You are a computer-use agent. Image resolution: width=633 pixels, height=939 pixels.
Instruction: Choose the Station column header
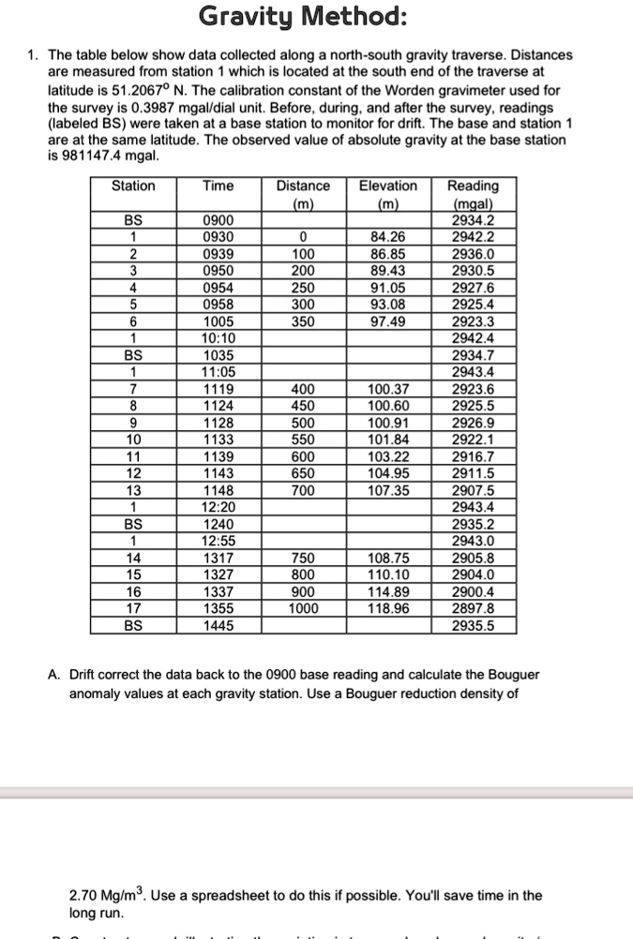click(134, 186)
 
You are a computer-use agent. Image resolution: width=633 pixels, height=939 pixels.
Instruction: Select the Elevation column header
click(388, 186)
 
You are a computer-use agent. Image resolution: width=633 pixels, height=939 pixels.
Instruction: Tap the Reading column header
click(474, 186)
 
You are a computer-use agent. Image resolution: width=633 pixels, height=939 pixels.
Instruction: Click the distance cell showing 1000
click(303, 608)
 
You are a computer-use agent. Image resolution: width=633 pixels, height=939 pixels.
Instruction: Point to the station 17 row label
click(134, 608)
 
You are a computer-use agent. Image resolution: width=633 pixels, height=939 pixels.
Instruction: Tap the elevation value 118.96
click(388, 608)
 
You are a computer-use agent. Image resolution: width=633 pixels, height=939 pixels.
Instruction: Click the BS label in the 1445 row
click(134, 625)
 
